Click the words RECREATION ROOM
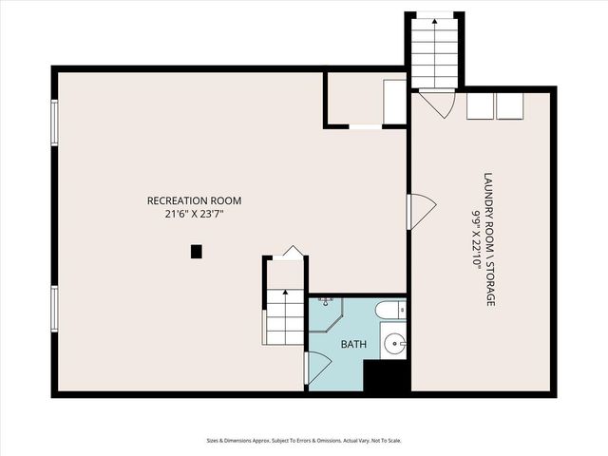click(x=194, y=200)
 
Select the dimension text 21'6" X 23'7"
click(x=194, y=215)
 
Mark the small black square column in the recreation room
click(x=197, y=252)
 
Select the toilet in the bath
click(x=389, y=310)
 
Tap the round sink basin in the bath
click(x=393, y=344)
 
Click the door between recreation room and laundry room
click(x=420, y=211)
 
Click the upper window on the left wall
click(x=54, y=123)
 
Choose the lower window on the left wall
click(x=54, y=309)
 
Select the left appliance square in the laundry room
click(x=480, y=105)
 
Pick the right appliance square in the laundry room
click(x=510, y=105)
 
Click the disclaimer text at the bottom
click(x=304, y=440)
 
